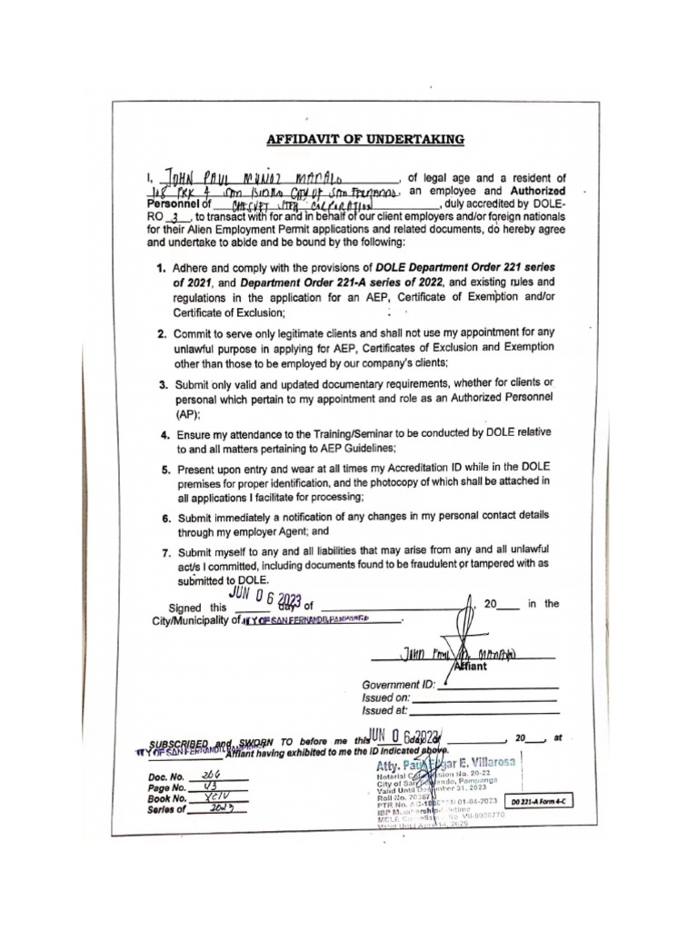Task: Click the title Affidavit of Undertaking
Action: point(364,139)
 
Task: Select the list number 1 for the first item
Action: point(160,269)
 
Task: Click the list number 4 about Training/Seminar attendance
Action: point(165,435)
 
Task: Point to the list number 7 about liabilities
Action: point(165,551)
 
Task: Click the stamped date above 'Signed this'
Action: point(265,597)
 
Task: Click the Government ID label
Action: point(398,685)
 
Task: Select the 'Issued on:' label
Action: point(386,697)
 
